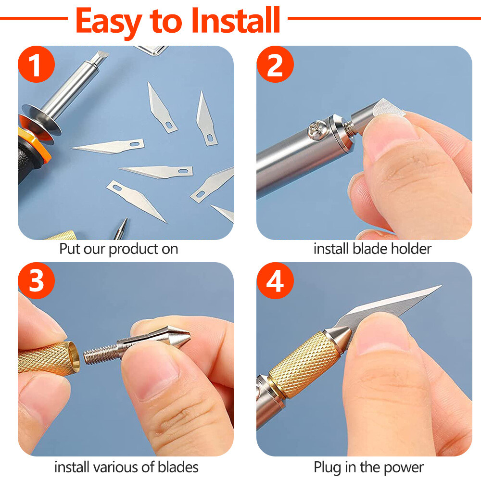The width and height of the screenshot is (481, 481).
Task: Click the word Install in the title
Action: (236, 20)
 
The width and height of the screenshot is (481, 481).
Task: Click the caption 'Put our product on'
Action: (118, 249)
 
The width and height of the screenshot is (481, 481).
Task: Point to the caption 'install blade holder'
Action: (372, 249)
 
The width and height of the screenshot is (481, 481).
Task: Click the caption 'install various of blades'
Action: (126, 467)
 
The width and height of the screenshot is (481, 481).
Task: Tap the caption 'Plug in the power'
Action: (368, 467)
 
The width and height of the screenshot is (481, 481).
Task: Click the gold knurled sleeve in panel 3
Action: (46, 357)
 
